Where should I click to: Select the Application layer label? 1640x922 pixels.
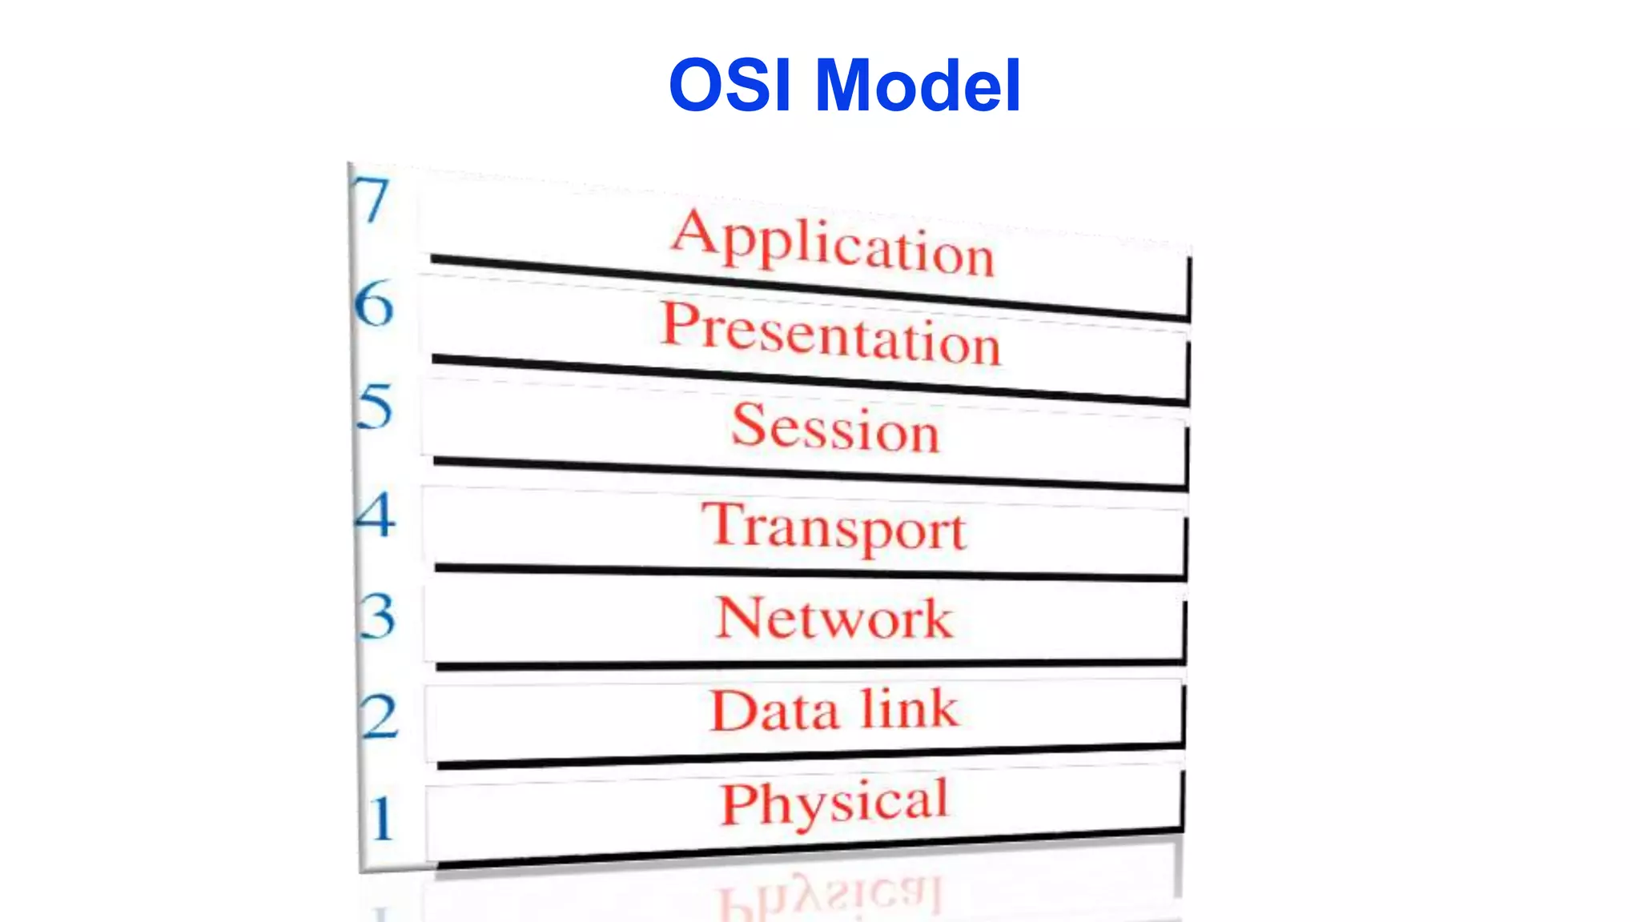(x=833, y=243)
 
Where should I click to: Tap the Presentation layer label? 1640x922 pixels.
(x=831, y=335)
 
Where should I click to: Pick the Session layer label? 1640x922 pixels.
(x=835, y=428)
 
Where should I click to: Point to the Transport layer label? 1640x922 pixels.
(x=834, y=527)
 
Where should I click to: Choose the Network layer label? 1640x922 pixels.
(x=834, y=619)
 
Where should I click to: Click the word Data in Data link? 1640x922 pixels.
(x=774, y=712)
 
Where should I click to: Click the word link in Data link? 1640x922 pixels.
(x=910, y=708)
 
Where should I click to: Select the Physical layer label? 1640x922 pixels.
(x=834, y=803)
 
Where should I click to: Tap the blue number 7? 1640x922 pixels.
(x=371, y=200)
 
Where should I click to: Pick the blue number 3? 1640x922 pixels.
(x=377, y=615)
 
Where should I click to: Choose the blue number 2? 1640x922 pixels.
(x=379, y=716)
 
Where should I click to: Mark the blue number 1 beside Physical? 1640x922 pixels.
(x=382, y=818)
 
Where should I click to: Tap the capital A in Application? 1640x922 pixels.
(x=693, y=231)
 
